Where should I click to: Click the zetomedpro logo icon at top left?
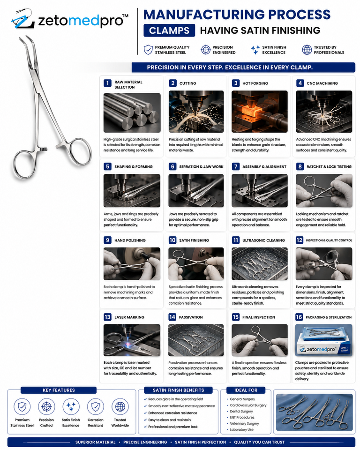(x=22, y=19)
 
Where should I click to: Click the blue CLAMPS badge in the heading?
(x=169, y=30)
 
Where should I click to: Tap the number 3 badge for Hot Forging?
(x=235, y=83)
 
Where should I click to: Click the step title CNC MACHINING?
(x=322, y=83)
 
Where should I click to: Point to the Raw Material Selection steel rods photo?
(x=132, y=113)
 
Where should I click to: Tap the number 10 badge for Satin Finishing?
(x=172, y=240)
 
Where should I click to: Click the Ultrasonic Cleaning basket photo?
(x=260, y=264)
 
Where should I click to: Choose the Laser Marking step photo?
(x=132, y=340)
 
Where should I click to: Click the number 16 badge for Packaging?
(x=299, y=317)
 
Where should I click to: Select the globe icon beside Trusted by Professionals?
(x=307, y=50)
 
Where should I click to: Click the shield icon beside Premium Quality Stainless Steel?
(x=148, y=50)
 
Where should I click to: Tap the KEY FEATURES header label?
(x=59, y=390)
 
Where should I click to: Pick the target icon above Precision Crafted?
(x=46, y=407)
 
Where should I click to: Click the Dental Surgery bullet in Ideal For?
(x=241, y=411)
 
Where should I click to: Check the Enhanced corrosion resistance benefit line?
(x=172, y=413)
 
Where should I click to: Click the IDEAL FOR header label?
(x=246, y=390)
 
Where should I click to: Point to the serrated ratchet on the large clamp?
(x=43, y=149)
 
